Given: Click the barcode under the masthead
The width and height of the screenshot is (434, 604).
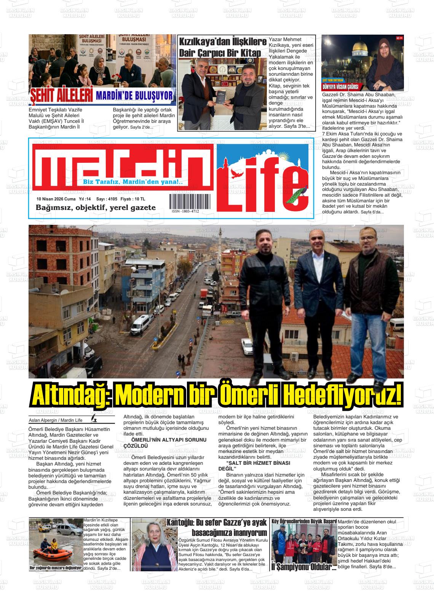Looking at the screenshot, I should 185,201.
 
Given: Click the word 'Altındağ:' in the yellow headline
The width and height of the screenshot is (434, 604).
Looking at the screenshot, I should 71,397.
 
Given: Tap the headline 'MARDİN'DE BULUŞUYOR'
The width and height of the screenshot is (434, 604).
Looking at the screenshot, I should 134,96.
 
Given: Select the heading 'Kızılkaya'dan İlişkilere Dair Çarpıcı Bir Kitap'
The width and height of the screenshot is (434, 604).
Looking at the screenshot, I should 223,47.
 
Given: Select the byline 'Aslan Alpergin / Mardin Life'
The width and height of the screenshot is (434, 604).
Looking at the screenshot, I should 56,420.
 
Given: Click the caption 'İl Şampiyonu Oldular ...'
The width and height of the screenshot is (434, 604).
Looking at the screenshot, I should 303,566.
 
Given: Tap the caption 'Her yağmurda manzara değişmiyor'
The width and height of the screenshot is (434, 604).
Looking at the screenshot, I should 56,568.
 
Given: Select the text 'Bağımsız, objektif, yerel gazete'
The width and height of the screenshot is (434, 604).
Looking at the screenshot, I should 96,208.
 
